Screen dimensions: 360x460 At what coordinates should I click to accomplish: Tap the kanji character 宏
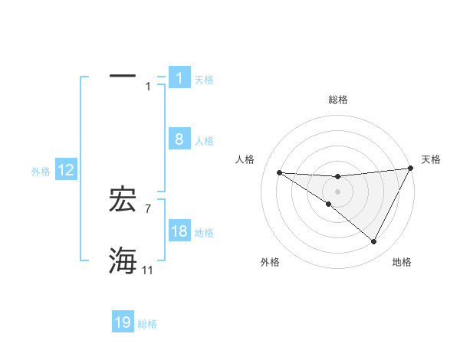pyautogui.click(x=123, y=200)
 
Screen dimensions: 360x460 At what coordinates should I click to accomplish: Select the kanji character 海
pyautogui.click(x=123, y=261)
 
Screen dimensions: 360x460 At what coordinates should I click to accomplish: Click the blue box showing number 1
pyautogui.click(x=179, y=78)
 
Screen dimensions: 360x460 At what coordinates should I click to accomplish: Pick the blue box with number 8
pyautogui.click(x=179, y=139)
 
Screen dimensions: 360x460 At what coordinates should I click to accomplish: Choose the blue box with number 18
pyautogui.click(x=179, y=231)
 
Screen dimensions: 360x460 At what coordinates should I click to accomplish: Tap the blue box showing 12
pyautogui.click(x=66, y=171)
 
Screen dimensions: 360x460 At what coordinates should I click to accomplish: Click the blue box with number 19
pyautogui.click(x=123, y=322)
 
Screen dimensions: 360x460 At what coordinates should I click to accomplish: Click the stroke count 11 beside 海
pyautogui.click(x=147, y=270)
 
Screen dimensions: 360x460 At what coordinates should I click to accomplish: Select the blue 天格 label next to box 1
pyautogui.click(x=204, y=79)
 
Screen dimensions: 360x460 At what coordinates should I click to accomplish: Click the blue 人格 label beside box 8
pyautogui.click(x=204, y=140)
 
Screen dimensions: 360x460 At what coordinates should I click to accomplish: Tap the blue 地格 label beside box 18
pyautogui.click(x=204, y=232)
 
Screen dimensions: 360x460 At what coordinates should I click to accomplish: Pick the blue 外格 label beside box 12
pyautogui.click(x=41, y=172)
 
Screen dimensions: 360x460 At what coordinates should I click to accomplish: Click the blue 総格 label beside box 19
pyautogui.click(x=147, y=323)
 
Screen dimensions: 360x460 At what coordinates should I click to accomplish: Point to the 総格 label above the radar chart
pyautogui.click(x=338, y=100)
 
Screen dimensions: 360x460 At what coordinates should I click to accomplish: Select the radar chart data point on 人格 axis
pyautogui.click(x=279, y=172)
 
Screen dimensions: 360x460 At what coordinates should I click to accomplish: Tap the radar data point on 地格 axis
pyautogui.click(x=374, y=242)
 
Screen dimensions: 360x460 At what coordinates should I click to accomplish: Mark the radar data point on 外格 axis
pyautogui.click(x=329, y=204)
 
